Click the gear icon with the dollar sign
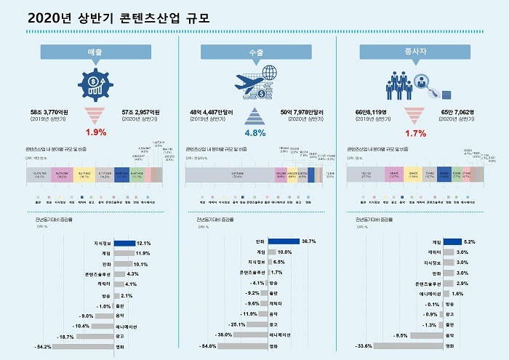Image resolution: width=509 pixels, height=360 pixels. click(95, 86)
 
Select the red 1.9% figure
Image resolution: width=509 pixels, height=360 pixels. click(95, 132)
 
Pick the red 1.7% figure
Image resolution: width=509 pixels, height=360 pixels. click(415, 135)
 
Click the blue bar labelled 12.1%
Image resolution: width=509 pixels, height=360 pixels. click(124, 243)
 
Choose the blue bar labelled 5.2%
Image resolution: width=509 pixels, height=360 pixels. click(451, 241)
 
